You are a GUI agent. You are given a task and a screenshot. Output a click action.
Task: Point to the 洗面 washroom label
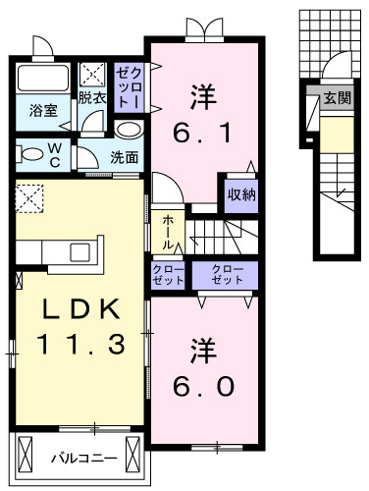(x=124, y=156)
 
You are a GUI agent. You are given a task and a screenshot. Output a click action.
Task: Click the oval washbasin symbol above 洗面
(x=127, y=130)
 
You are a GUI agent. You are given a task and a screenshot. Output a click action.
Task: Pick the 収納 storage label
(x=242, y=192)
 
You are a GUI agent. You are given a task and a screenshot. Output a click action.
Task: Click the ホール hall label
(x=168, y=231)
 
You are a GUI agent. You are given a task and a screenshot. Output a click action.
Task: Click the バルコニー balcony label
(x=84, y=459)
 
